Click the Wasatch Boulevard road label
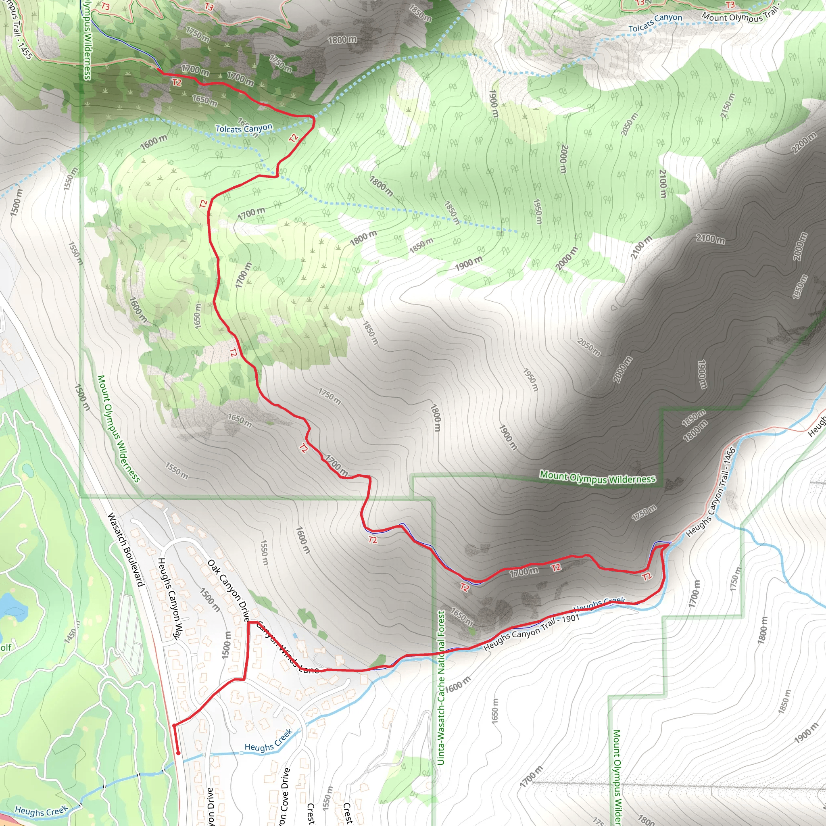pyautogui.click(x=126, y=549)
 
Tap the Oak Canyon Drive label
pyautogui.click(x=229, y=590)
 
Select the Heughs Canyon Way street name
pyautogui.click(x=170, y=599)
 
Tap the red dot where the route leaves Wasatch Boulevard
pyautogui.click(x=174, y=725)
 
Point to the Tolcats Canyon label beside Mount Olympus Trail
pyautogui.click(x=655, y=23)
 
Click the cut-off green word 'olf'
pyautogui.click(x=5, y=647)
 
